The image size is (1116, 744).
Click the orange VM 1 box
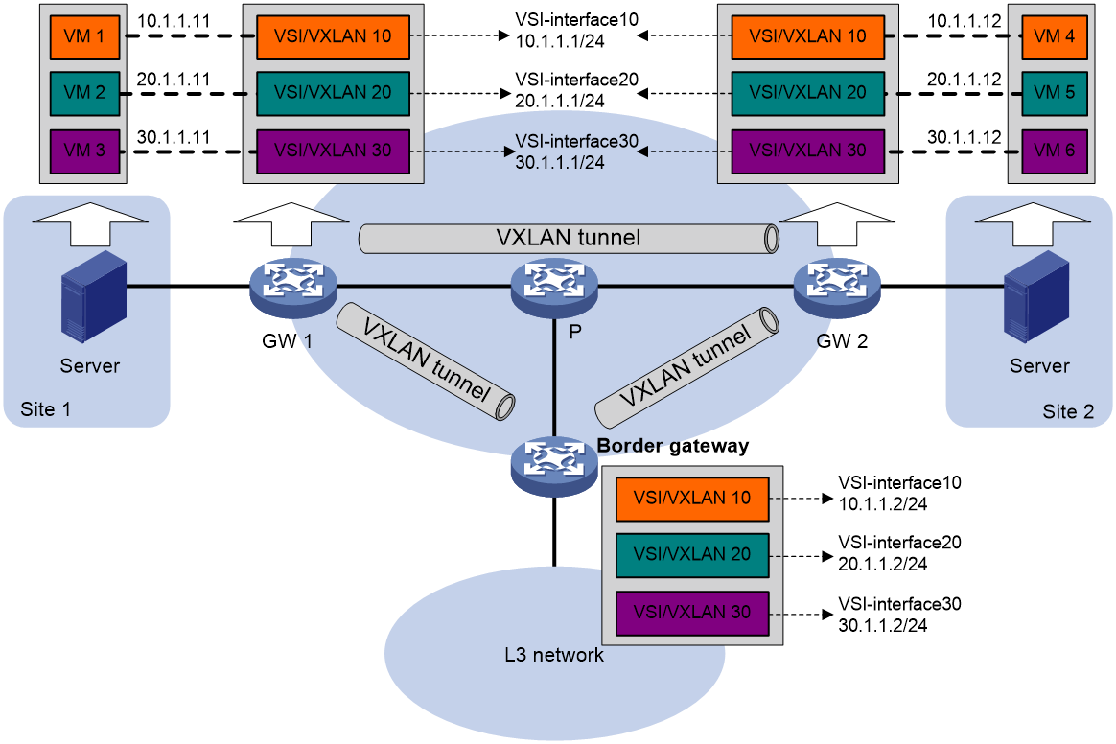[x=84, y=36]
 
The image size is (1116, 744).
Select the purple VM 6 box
[x=1054, y=151]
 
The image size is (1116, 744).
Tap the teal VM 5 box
[x=1054, y=93]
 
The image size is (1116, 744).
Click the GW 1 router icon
[x=292, y=287]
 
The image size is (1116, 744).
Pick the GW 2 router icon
[x=837, y=287]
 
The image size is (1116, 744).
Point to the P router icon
[x=554, y=287]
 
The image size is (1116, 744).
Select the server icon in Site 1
[x=93, y=296]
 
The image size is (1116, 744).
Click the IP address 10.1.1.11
[x=174, y=21]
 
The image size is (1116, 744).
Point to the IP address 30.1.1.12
[x=965, y=137]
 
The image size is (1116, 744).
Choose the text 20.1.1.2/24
[x=883, y=564]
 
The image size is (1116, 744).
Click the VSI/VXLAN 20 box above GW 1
[x=333, y=93]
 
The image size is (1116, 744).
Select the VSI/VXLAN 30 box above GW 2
[x=808, y=151]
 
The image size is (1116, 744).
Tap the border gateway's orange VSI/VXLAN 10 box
[x=692, y=499]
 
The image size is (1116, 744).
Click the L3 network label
[x=554, y=655]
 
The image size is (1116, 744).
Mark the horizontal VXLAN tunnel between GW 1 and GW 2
[x=569, y=239]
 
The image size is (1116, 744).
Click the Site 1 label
[x=46, y=409]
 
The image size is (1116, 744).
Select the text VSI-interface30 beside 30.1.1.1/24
[x=577, y=141]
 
